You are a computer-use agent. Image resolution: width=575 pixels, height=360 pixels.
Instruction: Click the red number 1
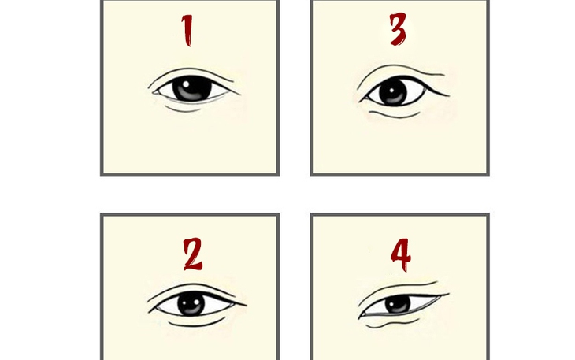click(x=187, y=30)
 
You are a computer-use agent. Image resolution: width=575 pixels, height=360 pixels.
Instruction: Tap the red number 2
click(x=192, y=254)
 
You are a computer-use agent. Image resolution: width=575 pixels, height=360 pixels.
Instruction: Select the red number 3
click(x=398, y=30)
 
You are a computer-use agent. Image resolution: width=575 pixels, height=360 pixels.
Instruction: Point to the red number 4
click(x=400, y=254)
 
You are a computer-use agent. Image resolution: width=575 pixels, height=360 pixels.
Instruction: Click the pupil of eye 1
click(x=192, y=88)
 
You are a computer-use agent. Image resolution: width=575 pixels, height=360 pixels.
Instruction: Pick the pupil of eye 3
click(x=392, y=93)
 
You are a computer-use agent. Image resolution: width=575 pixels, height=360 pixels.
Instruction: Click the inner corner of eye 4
click(x=360, y=314)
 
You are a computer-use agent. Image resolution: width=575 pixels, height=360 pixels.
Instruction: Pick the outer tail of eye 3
click(x=448, y=95)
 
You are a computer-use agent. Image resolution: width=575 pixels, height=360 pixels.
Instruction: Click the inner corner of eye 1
click(x=153, y=89)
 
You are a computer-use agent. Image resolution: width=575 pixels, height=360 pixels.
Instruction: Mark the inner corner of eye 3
click(x=362, y=99)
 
